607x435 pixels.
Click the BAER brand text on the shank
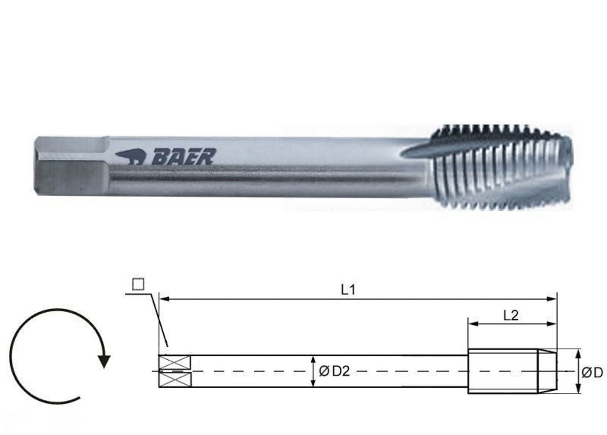point(184,156)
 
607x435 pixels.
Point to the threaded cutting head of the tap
point(501,167)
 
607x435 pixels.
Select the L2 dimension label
point(511,315)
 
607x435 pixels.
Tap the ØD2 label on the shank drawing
point(334,371)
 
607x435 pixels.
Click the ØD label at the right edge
point(592,373)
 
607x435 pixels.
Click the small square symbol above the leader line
point(138,284)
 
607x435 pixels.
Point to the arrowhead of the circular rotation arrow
point(104,361)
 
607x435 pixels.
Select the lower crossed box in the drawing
point(175,379)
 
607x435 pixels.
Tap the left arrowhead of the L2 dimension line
point(473,324)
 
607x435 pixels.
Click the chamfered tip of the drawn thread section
point(548,371)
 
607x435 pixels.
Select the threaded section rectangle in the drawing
point(503,371)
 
